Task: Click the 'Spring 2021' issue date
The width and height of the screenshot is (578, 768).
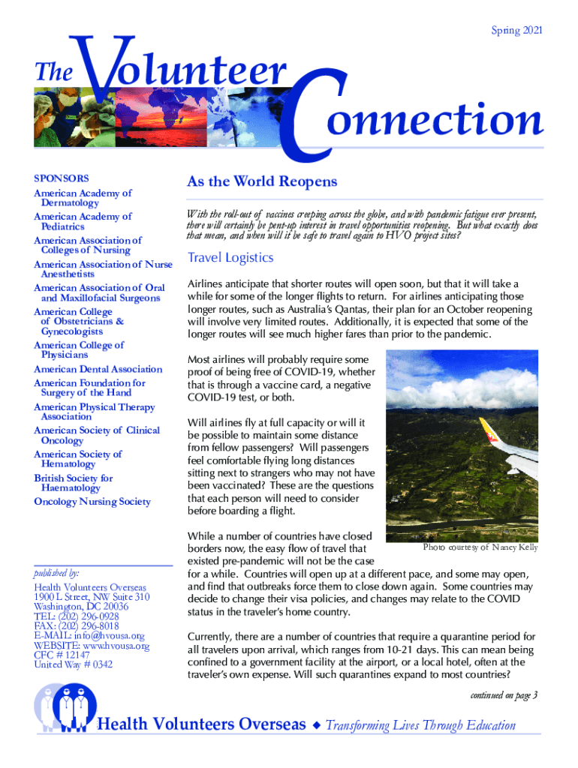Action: click(x=516, y=31)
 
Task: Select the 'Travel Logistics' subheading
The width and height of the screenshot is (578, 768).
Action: click(x=230, y=258)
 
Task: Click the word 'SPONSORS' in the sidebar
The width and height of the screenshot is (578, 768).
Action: click(x=62, y=178)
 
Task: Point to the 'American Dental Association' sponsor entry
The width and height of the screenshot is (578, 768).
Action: click(x=98, y=369)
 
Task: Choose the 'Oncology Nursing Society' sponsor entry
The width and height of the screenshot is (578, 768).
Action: click(x=92, y=502)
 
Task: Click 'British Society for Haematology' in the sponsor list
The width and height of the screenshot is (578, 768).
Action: click(x=74, y=483)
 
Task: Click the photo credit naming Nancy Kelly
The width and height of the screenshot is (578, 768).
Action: click(x=480, y=547)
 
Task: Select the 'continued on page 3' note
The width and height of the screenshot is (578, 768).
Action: click(x=504, y=696)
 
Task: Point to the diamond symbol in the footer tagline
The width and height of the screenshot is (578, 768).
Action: click(x=317, y=725)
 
